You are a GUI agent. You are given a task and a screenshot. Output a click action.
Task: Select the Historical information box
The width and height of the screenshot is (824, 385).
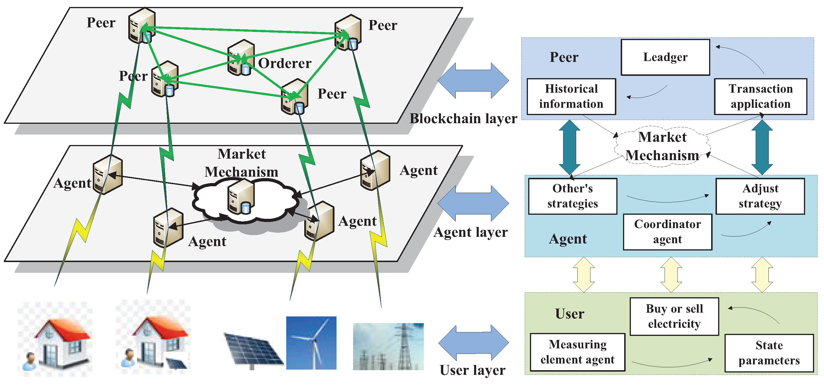coord(571,96)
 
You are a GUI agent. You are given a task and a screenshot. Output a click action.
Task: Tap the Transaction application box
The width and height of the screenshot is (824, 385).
coord(760,96)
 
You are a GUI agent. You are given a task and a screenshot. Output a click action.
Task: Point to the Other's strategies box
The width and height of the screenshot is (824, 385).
coord(573,196)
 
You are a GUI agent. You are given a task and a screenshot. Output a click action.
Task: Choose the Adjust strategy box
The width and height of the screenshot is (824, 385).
coord(760,196)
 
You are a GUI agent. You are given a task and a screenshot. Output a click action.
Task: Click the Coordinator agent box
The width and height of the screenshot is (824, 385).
coord(667,232)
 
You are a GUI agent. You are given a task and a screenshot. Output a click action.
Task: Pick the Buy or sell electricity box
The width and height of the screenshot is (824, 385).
coord(674,316)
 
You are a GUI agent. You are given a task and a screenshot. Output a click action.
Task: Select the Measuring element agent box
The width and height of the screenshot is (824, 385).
coord(577,352)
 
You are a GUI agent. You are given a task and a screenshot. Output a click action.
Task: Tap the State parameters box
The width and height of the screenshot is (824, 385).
coord(769,353)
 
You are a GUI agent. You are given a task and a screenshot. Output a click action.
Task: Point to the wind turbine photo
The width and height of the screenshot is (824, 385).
coord(311,343)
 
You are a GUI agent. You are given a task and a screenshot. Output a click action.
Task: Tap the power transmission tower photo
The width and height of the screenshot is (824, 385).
coord(388,347)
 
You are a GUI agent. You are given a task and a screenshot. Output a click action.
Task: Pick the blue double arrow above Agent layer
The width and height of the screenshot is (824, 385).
coord(473,203)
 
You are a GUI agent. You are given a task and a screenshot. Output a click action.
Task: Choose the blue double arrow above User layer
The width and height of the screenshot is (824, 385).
coord(474,343)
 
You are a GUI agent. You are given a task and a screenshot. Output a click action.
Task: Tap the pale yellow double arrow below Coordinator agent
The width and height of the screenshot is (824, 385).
coord(671,275)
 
